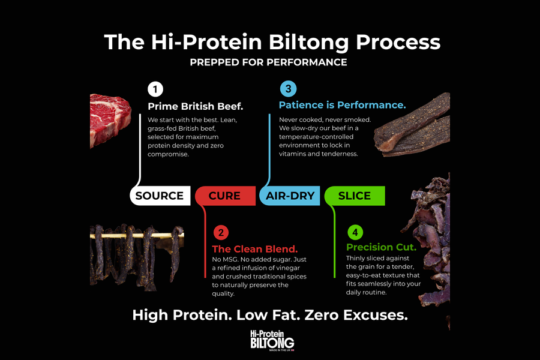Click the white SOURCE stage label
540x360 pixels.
point(160,196)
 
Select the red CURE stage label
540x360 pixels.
point(225,196)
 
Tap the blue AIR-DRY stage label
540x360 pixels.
point(290,196)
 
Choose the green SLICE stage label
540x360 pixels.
point(355,196)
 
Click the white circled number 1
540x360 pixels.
point(155,89)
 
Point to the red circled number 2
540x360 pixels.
point(221,233)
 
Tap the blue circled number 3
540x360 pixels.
point(288,89)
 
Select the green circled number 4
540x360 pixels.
point(355,233)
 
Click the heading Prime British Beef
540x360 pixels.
point(195,106)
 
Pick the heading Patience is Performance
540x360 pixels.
point(342,105)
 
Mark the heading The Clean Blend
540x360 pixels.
point(255,249)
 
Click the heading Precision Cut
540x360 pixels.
point(381,247)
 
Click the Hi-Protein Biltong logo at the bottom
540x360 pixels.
point(272,340)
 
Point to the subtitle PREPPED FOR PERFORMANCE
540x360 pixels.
point(268,62)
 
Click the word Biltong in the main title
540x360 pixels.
point(308,43)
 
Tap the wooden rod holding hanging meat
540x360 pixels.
point(137,236)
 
